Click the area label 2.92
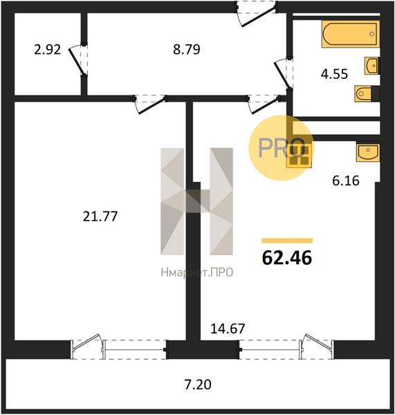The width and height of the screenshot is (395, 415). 48,50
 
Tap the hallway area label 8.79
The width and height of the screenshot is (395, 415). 187,50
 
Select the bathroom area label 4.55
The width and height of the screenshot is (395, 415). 334,74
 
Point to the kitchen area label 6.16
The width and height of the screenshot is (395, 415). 346,181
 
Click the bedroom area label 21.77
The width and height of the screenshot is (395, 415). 100,216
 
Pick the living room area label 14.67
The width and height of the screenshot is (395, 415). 228,329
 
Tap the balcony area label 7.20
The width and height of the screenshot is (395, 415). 198,385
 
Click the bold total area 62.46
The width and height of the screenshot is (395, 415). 287,258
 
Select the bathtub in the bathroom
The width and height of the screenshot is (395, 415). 351,34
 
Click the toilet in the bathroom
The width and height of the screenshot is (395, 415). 363,93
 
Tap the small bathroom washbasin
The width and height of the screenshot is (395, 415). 371,66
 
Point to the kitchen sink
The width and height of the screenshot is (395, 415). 368,152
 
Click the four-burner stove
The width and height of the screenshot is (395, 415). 299,156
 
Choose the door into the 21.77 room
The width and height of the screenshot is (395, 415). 150,104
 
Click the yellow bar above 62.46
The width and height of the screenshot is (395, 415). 287,241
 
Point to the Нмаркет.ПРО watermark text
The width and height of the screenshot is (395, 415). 197,272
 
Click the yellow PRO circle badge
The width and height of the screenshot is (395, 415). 281,148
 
